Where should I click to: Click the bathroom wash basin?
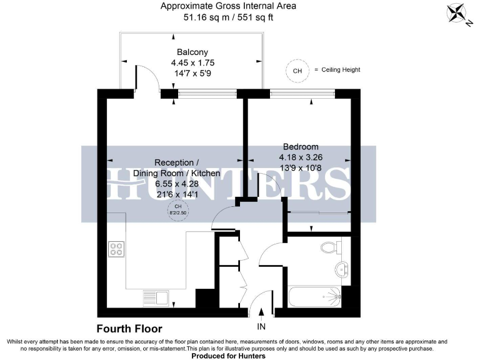click(341, 269)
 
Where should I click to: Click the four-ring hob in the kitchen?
click(117, 249)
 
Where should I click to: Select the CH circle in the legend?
click(297, 71)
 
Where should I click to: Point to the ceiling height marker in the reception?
click(178, 209)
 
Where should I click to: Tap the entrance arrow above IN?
click(261, 312)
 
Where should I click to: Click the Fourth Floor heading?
click(129, 329)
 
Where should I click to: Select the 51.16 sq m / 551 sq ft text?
click(228, 17)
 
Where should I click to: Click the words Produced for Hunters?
click(228, 356)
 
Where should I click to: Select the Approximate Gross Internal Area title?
click(228, 6)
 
